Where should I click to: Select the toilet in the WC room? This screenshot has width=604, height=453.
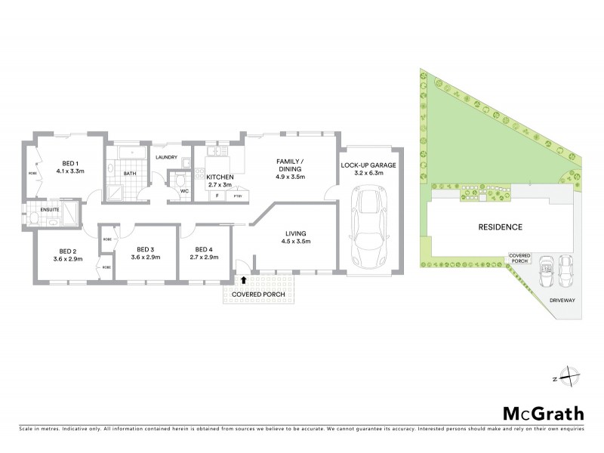[178, 181]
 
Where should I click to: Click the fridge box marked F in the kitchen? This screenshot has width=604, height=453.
[217, 196]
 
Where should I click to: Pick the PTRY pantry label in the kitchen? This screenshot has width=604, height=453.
[236, 196]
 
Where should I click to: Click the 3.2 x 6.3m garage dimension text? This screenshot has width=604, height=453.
[368, 173]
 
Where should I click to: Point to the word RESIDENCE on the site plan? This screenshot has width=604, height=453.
[499, 226]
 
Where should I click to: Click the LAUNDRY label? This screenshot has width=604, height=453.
[166, 157]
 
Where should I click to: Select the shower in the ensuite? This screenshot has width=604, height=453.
[67, 212]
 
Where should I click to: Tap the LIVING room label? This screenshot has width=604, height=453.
[296, 233]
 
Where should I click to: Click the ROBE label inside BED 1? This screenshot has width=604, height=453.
[32, 173]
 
